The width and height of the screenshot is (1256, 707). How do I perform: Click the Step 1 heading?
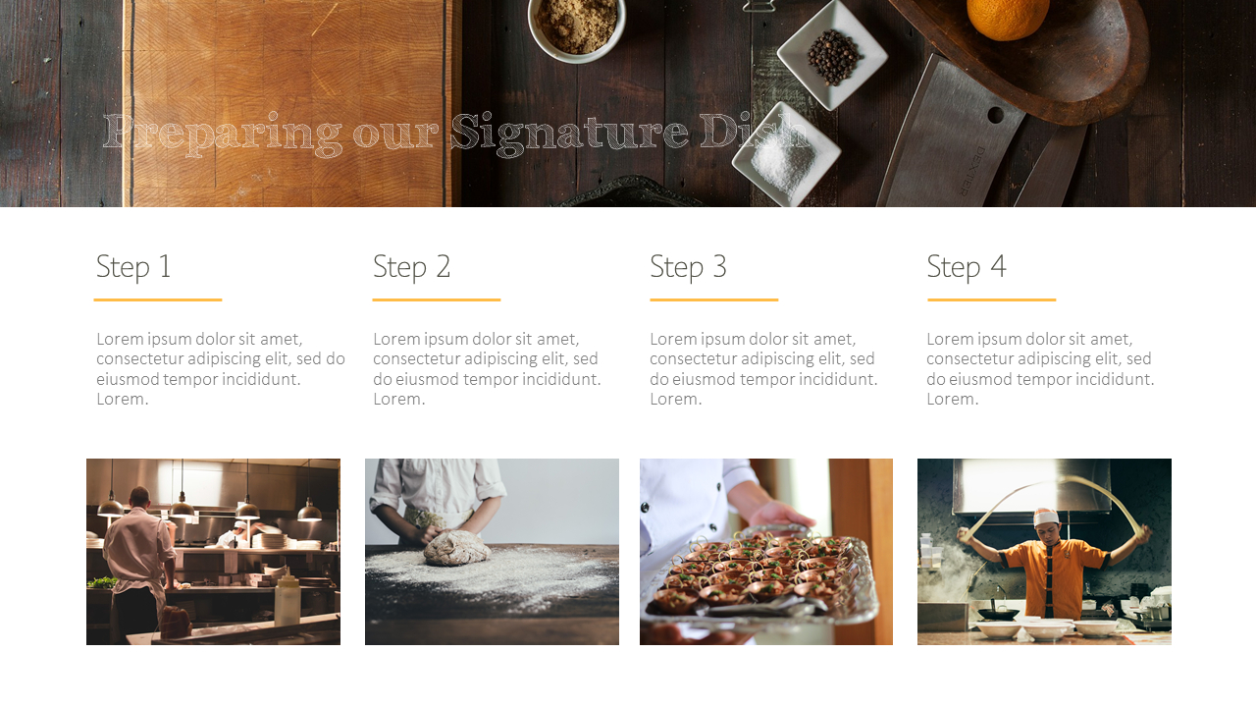[x=133, y=266]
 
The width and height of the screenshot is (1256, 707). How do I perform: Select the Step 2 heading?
[x=411, y=266]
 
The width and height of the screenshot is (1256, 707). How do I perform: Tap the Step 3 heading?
[x=688, y=266]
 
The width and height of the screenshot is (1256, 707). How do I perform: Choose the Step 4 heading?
[x=966, y=266]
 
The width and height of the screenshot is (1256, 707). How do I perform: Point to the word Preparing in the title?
[x=222, y=133]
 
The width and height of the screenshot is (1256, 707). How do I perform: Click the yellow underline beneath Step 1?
[x=158, y=299]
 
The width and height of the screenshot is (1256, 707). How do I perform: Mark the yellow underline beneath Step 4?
[x=991, y=299]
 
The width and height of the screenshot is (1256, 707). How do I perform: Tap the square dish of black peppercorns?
[x=833, y=55]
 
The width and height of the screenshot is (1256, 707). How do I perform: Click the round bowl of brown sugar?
[x=576, y=26]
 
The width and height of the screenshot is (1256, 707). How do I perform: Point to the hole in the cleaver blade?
[x=995, y=115]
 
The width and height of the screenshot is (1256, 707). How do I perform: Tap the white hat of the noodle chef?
[x=1046, y=517]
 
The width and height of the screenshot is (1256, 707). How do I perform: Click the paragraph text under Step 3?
[x=763, y=368]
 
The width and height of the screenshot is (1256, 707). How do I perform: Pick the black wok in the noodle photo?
[x=998, y=613]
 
